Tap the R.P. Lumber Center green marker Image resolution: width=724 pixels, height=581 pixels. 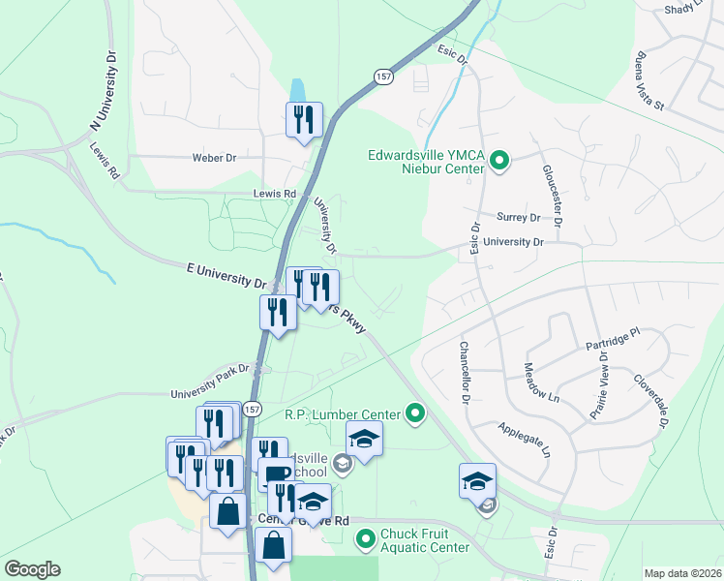pos(416,414)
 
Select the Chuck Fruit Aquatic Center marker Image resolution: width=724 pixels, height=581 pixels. pos(366,538)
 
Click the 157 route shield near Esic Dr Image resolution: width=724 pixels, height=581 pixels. pos(384,76)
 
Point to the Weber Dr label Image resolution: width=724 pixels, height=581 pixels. pos(214,157)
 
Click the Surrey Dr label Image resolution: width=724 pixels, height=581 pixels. pos(517,218)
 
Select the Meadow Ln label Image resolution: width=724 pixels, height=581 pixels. pos(541,383)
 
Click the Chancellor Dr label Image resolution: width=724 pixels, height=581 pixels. pos(464,373)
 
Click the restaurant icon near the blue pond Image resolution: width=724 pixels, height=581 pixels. pos(304,120)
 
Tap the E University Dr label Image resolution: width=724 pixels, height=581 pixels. pos(226,277)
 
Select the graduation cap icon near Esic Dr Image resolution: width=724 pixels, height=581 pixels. pos(478,480)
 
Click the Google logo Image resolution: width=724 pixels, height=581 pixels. pos(32,569)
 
